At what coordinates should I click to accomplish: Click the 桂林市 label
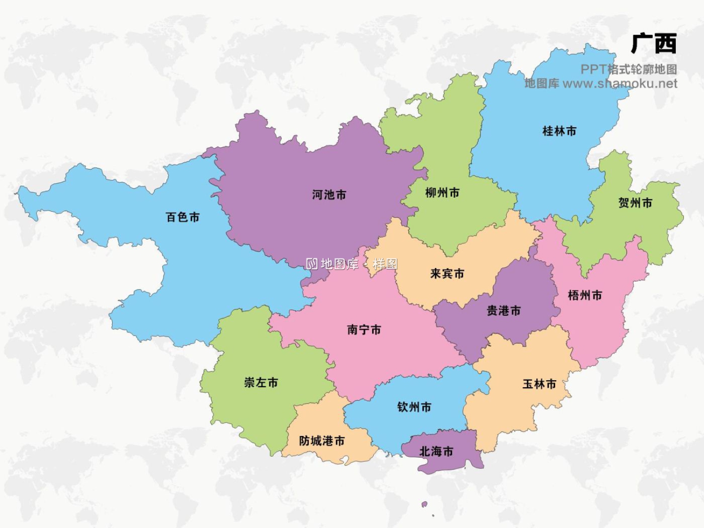tap(559, 131)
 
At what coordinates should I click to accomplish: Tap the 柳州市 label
tap(442, 192)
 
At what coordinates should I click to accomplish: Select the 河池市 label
tap(329, 195)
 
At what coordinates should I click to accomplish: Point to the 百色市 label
tap(183, 217)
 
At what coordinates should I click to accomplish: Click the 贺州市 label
tap(635, 203)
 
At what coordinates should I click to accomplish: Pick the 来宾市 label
tap(447, 273)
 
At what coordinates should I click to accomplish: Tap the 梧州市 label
tap(585, 295)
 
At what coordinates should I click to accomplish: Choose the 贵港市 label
tap(504, 310)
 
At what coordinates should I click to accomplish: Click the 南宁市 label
tap(364, 329)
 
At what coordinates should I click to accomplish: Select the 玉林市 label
tap(539, 384)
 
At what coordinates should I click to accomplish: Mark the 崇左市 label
tap(261, 383)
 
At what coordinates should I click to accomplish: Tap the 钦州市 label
tap(414, 407)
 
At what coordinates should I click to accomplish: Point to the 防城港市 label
tap(322, 441)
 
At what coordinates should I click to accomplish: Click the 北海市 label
tap(436, 451)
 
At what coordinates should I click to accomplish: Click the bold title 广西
tap(653, 44)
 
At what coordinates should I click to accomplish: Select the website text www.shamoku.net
tap(620, 84)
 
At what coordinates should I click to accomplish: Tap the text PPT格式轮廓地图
tap(628, 69)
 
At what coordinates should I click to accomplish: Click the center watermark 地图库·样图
tap(352, 264)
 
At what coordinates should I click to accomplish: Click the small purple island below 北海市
tap(424, 504)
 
